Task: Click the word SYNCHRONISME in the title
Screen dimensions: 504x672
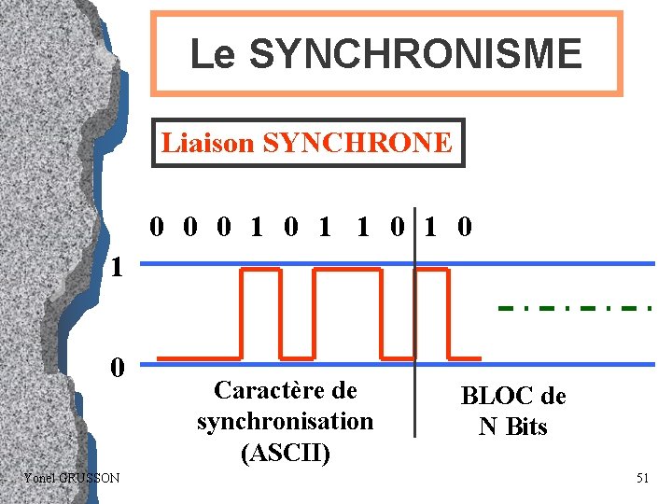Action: tap(416, 54)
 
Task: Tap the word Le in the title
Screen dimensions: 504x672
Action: tap(214, 54)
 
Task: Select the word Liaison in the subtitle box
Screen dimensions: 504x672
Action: tap(207, 143)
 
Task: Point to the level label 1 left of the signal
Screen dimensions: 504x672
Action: tap(116, 268)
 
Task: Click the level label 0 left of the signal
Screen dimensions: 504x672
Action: tap(116, 366)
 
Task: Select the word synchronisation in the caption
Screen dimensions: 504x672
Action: tap(285, 421)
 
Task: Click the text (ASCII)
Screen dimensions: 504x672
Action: tap(285, 453)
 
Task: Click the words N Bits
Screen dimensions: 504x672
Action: tap(512, 427)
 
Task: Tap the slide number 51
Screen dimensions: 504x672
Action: tap(642, 478)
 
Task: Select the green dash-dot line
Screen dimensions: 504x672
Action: tap(574, 307)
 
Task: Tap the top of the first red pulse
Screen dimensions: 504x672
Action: tap(260, 270)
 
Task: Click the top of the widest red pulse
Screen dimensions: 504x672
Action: tap(346, 270)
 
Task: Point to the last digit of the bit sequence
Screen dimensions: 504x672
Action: tap(465, 227)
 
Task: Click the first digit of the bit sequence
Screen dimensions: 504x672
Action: tap(158, 227)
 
